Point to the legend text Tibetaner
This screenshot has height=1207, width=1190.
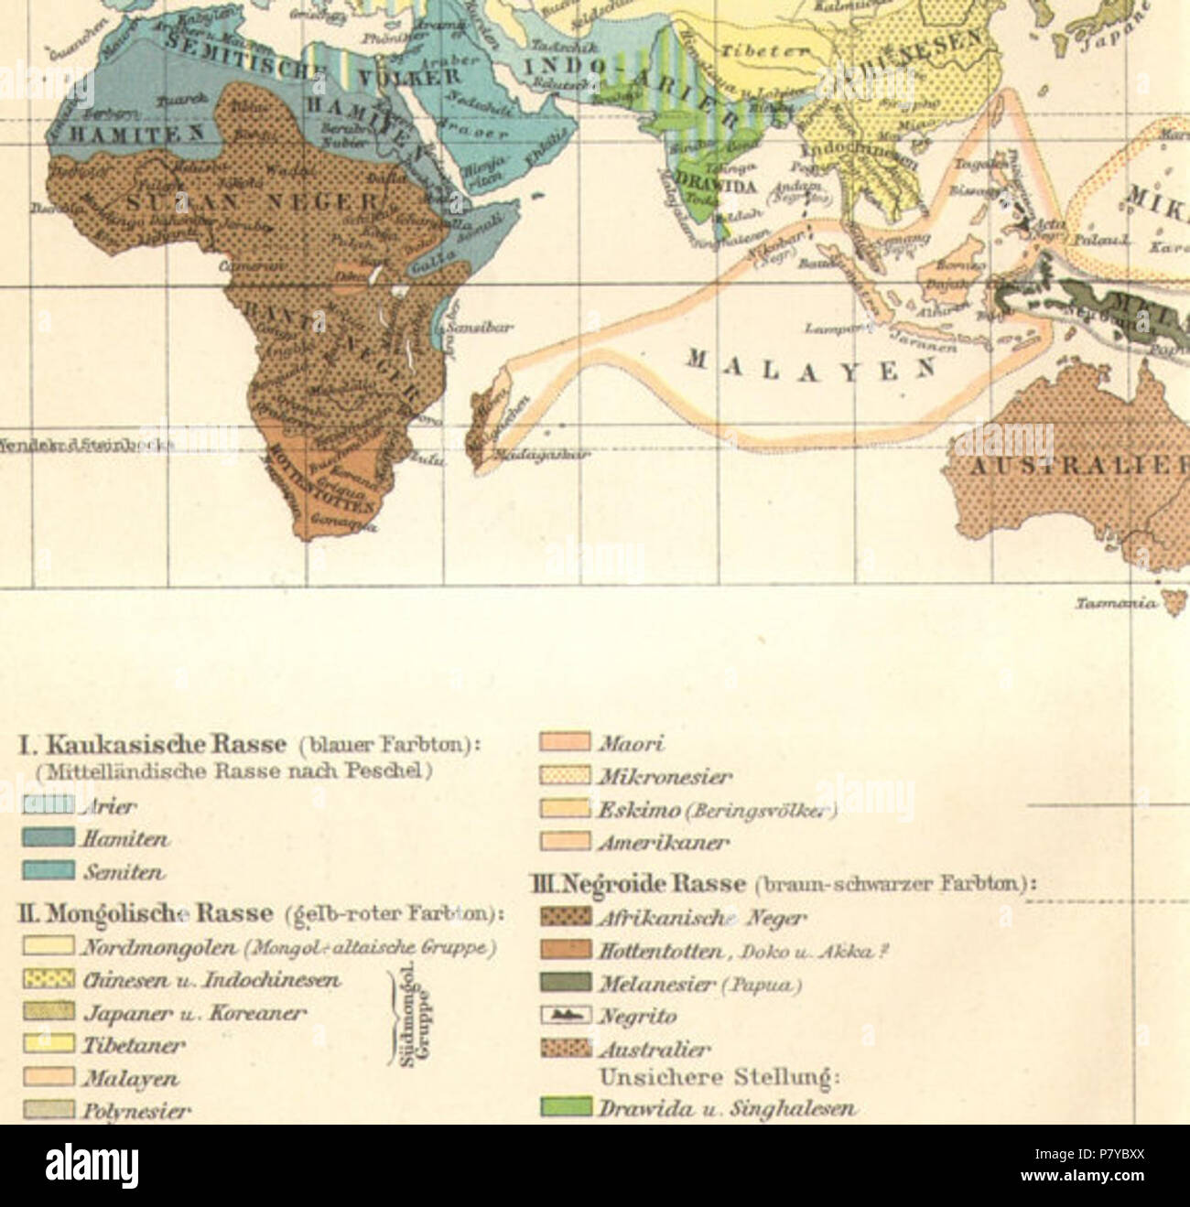[134, 1045]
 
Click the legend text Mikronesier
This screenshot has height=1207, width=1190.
[665, 778]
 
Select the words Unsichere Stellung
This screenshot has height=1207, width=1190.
[719, 1077]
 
